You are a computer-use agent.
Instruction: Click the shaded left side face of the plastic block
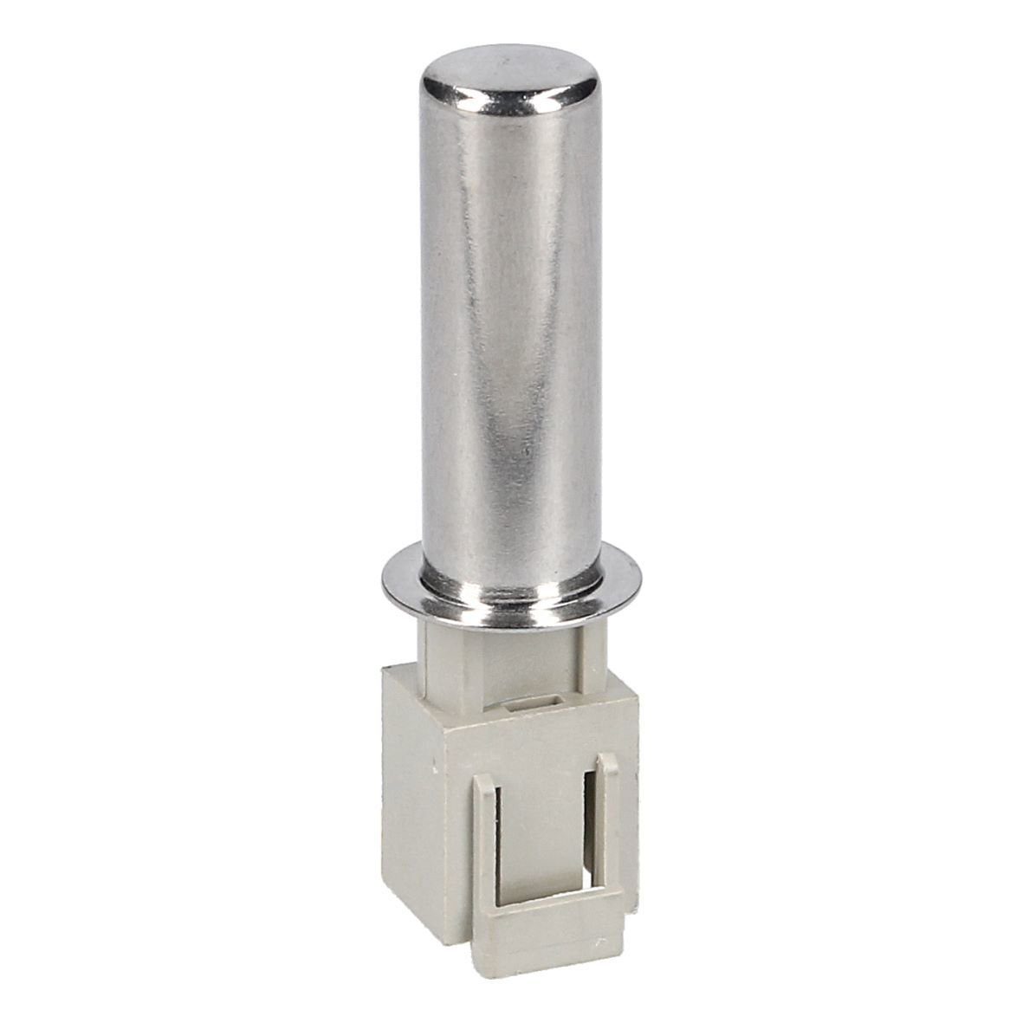coord(416,797)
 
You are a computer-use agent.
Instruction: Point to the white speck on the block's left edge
coord(431,768)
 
